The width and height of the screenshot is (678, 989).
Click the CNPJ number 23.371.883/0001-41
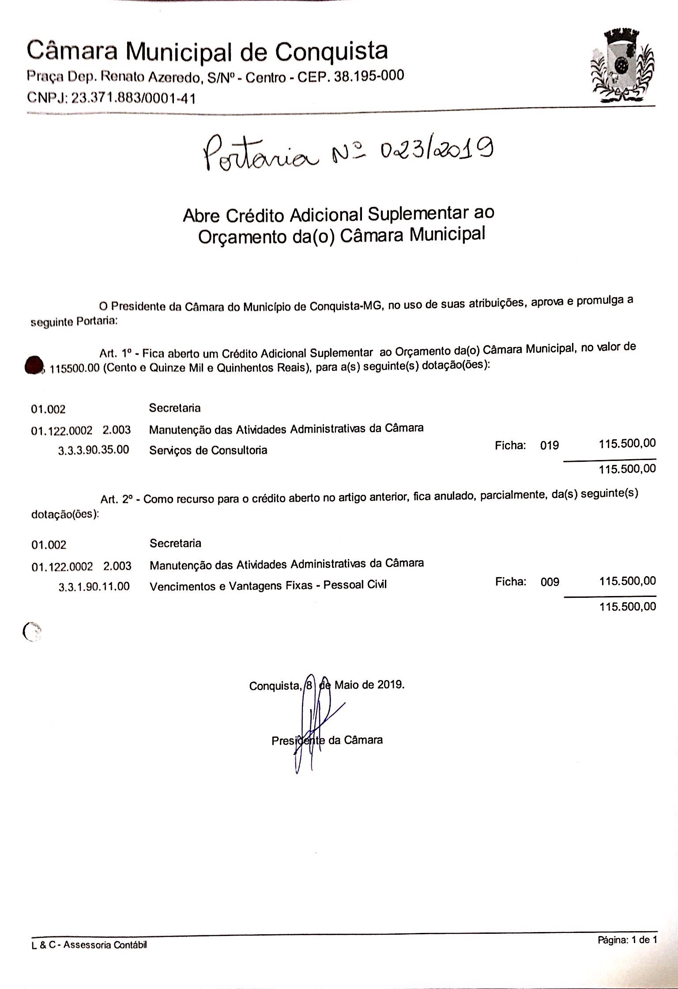(133, 98)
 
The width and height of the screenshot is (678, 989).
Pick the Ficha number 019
(550, 445)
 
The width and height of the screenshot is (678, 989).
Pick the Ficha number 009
(550, 582)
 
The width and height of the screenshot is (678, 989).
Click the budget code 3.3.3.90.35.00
(94, 450)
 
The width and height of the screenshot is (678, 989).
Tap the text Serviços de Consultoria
(208, 450)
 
